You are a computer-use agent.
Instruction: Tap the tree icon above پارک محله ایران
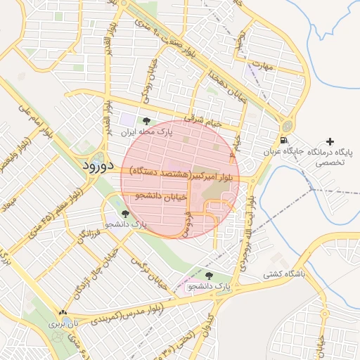146,122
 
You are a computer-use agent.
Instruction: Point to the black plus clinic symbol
330,142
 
